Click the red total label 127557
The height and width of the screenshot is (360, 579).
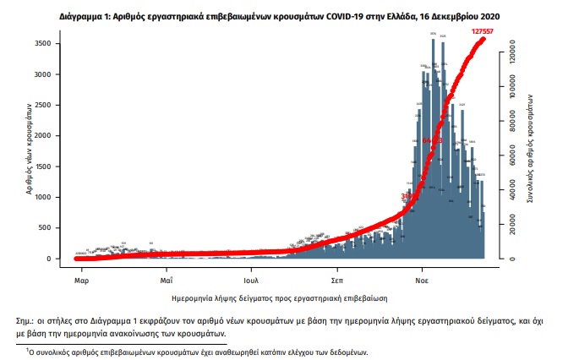[484, 30]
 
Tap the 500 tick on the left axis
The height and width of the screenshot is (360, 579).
[53, 228]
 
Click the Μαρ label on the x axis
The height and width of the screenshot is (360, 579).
[81, 278]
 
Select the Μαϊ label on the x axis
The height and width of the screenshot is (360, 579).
[167, 278]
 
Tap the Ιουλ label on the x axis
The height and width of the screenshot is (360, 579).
[250, 278]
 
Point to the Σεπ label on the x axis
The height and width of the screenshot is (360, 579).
[336, 278]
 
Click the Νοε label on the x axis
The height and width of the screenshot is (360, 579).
[420, 278]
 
